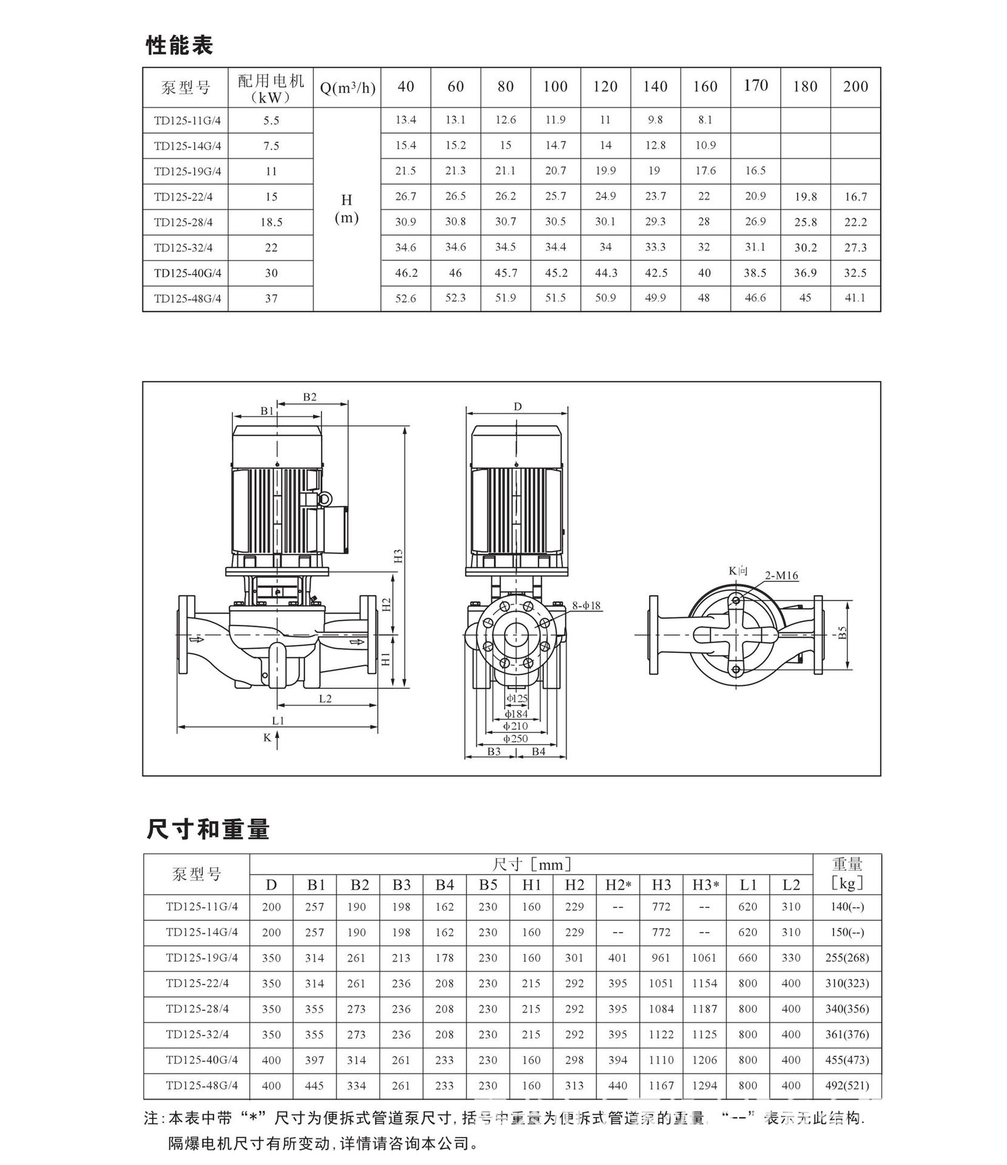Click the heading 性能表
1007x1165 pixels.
pos(180,46)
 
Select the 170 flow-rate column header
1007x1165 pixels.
pos(755,86)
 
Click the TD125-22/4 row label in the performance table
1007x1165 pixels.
pos(183,197)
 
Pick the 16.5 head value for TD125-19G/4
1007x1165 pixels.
pos(755,171)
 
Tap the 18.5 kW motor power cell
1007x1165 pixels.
pos(271,222)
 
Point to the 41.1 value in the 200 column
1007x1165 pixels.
pos(855,298)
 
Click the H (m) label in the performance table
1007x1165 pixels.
pos(346,209)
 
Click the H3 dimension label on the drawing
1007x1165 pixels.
pos(399,556)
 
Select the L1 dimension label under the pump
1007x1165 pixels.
pos(278,721)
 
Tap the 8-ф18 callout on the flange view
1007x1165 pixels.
pos(586,606)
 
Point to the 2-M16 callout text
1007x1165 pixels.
pos(781,575)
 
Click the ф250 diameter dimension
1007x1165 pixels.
pos(516,738)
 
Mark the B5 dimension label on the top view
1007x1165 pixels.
pos(843,632)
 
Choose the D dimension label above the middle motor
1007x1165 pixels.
pos(517,407)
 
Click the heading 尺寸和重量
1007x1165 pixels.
pos(207,829)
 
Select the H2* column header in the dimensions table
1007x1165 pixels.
pos(618,885)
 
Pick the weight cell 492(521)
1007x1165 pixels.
pos(847,1086)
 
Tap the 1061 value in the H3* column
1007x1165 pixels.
pos(704,958)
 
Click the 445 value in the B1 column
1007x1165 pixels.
pos(314,1086)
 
